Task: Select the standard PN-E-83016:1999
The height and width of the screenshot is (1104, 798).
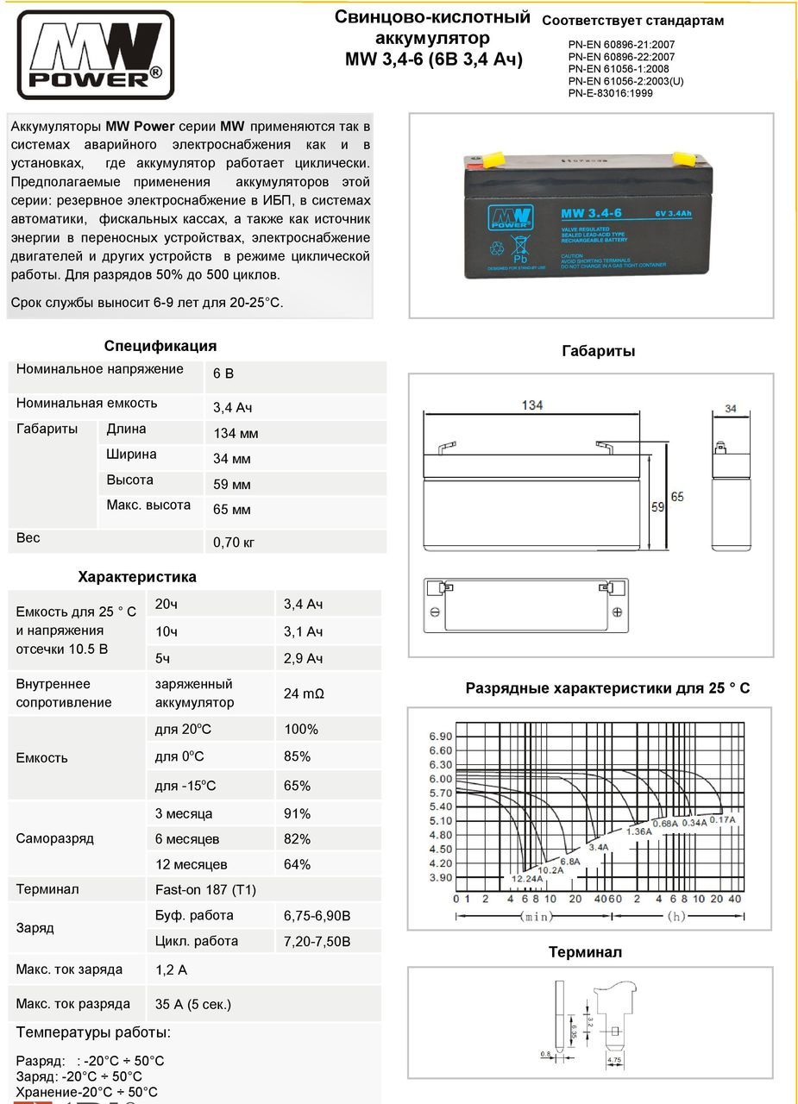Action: coord(610,93)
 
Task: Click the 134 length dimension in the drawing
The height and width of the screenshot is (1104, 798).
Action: coord(532,405)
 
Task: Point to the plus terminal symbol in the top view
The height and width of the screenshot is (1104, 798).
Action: coord(617,612)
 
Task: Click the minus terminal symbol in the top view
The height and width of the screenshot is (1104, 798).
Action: coord(435,612)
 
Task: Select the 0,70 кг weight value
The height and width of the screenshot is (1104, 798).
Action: coord(234,543)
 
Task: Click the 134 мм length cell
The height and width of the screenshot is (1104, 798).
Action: coord(236,433)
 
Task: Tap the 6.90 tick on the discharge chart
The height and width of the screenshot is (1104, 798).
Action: coord(440,736)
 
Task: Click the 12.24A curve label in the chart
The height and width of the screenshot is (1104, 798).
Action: coord(527,878)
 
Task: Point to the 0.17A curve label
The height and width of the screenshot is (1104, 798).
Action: coord(722,819)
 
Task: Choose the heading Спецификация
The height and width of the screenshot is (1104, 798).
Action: coord(160,346)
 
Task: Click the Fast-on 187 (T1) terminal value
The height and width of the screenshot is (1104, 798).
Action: coord(205,889)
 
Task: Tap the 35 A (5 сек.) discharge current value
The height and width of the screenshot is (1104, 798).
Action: coord(193,1004)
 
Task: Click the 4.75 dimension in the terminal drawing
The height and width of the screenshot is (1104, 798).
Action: coord(614,1058)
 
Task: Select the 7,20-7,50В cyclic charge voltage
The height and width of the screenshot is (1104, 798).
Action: coord(317,941)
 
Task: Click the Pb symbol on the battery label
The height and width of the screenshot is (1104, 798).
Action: coord(520,258)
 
